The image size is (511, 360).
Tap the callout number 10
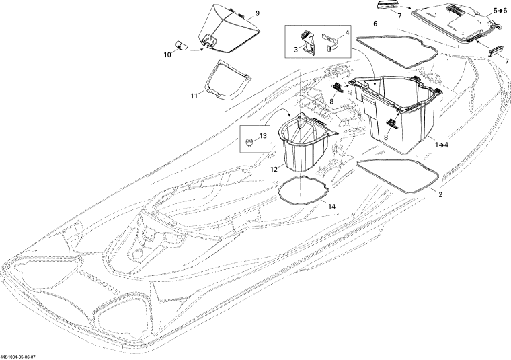click(167, 55)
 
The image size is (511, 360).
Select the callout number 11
click(194, 96)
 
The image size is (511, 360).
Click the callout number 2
click(440, 195)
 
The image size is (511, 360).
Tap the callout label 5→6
click(500, 11)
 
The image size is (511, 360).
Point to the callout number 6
click(375, 24)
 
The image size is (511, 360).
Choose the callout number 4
click(347, 32)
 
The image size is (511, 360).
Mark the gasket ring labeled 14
click(302, 190)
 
